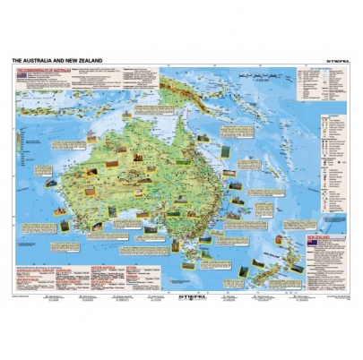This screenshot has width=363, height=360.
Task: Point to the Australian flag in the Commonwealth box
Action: pos(21,74)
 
